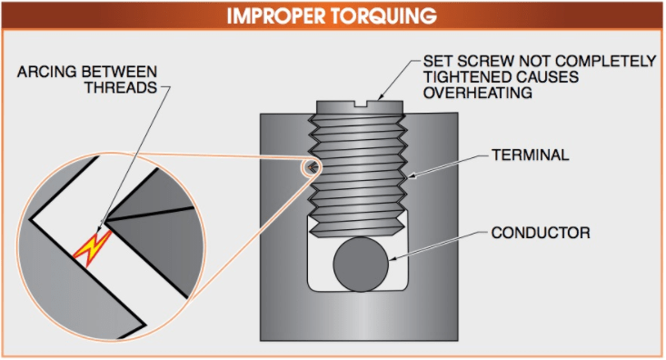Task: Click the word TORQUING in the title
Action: coord(385,15)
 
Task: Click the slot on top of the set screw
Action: coord(367,103)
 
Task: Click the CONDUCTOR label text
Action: coord(542,233)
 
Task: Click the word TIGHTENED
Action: coord(464,77)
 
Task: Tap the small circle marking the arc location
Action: coord(311,166)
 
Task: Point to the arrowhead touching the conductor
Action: coord(393,259)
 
